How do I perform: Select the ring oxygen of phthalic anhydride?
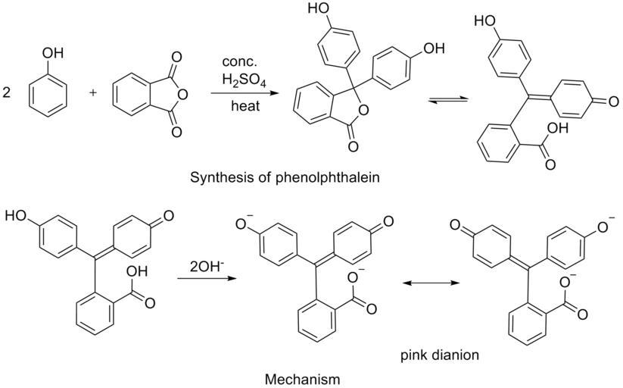(x=182, y=95)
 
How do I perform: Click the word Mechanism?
(x=302, y=378)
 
